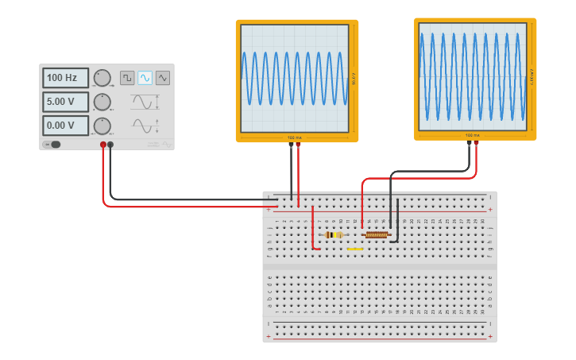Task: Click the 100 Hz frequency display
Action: [65, 78]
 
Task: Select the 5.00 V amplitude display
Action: [65, 102]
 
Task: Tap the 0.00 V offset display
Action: [65, 126]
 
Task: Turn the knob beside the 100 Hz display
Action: [102, 78]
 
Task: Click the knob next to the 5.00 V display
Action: [102, 102]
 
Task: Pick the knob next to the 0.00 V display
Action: [102, 126]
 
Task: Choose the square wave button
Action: [127, 77]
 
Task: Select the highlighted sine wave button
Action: [145, 77]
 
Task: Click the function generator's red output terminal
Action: [103, 145]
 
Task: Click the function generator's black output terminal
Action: [110, 145]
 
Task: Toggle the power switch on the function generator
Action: [52, 145]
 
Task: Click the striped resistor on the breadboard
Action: [334, 234]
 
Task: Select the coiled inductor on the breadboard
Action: [377, 234]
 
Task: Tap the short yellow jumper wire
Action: [355, 249]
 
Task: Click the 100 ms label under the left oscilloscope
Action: [295, 137]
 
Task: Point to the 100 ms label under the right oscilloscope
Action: [473, 135]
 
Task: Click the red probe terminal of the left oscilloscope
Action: [299, 145]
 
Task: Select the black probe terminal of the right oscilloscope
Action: [470, 144]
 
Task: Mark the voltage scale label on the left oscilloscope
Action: [354, 79]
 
